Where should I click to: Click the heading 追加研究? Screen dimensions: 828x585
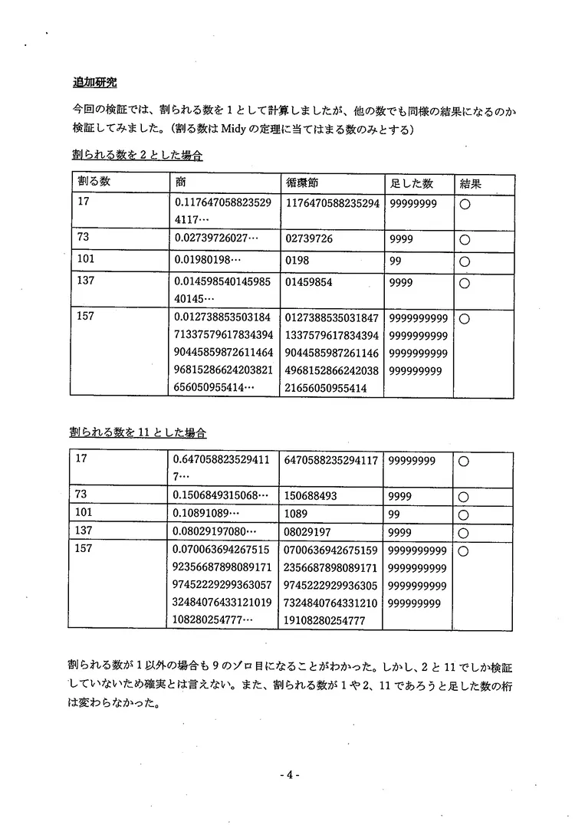point(94,82)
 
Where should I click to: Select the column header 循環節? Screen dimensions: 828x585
point(303,183)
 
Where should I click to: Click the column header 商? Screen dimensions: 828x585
point(181,183)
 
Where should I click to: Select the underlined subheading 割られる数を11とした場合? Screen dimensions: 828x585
point(139,432)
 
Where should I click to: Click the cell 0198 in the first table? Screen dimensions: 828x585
point(297,261)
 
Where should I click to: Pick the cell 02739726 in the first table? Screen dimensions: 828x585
point(308,239)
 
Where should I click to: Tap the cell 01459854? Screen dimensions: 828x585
point(308,282)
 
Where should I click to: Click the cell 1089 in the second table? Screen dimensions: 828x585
point(297,514)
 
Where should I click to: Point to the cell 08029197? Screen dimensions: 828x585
point(309,532)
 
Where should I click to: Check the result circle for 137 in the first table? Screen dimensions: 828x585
point(464,284)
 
